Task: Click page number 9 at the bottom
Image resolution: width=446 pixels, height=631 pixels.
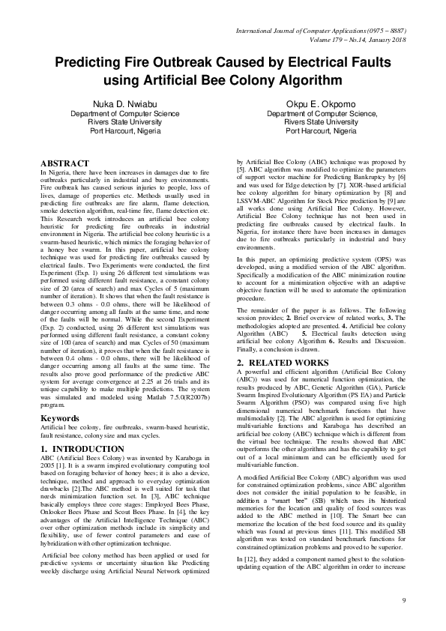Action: [403, 601]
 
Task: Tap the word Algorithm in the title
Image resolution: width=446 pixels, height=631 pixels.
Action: [309, 79]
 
